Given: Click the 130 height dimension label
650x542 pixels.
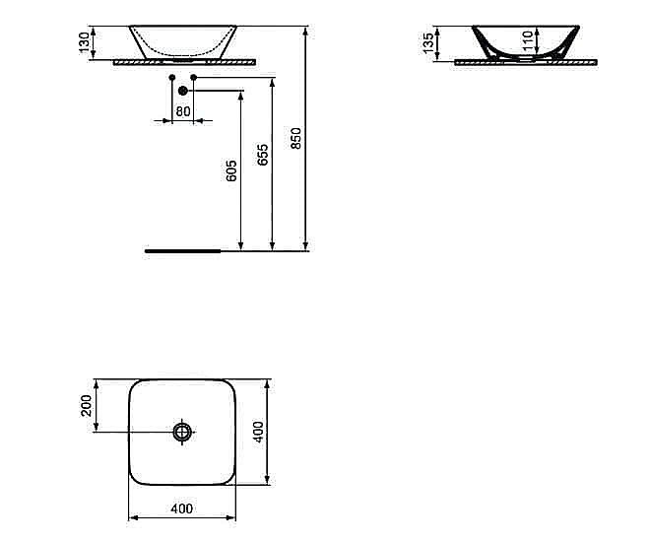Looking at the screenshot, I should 86,42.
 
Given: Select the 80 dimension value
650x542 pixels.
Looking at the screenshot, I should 182,110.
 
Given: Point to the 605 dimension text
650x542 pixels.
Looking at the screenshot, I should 231,170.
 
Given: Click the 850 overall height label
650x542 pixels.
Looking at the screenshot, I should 296,138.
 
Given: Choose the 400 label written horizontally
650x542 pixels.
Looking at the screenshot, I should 181,508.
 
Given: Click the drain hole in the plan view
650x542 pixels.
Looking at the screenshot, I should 182,432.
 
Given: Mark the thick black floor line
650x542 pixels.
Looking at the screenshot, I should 183,251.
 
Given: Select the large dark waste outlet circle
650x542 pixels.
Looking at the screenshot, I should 182,92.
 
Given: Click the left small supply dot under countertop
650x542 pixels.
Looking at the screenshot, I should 171,76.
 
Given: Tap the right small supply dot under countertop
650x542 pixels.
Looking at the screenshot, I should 194,76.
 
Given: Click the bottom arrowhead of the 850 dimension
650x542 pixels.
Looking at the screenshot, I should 306,245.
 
